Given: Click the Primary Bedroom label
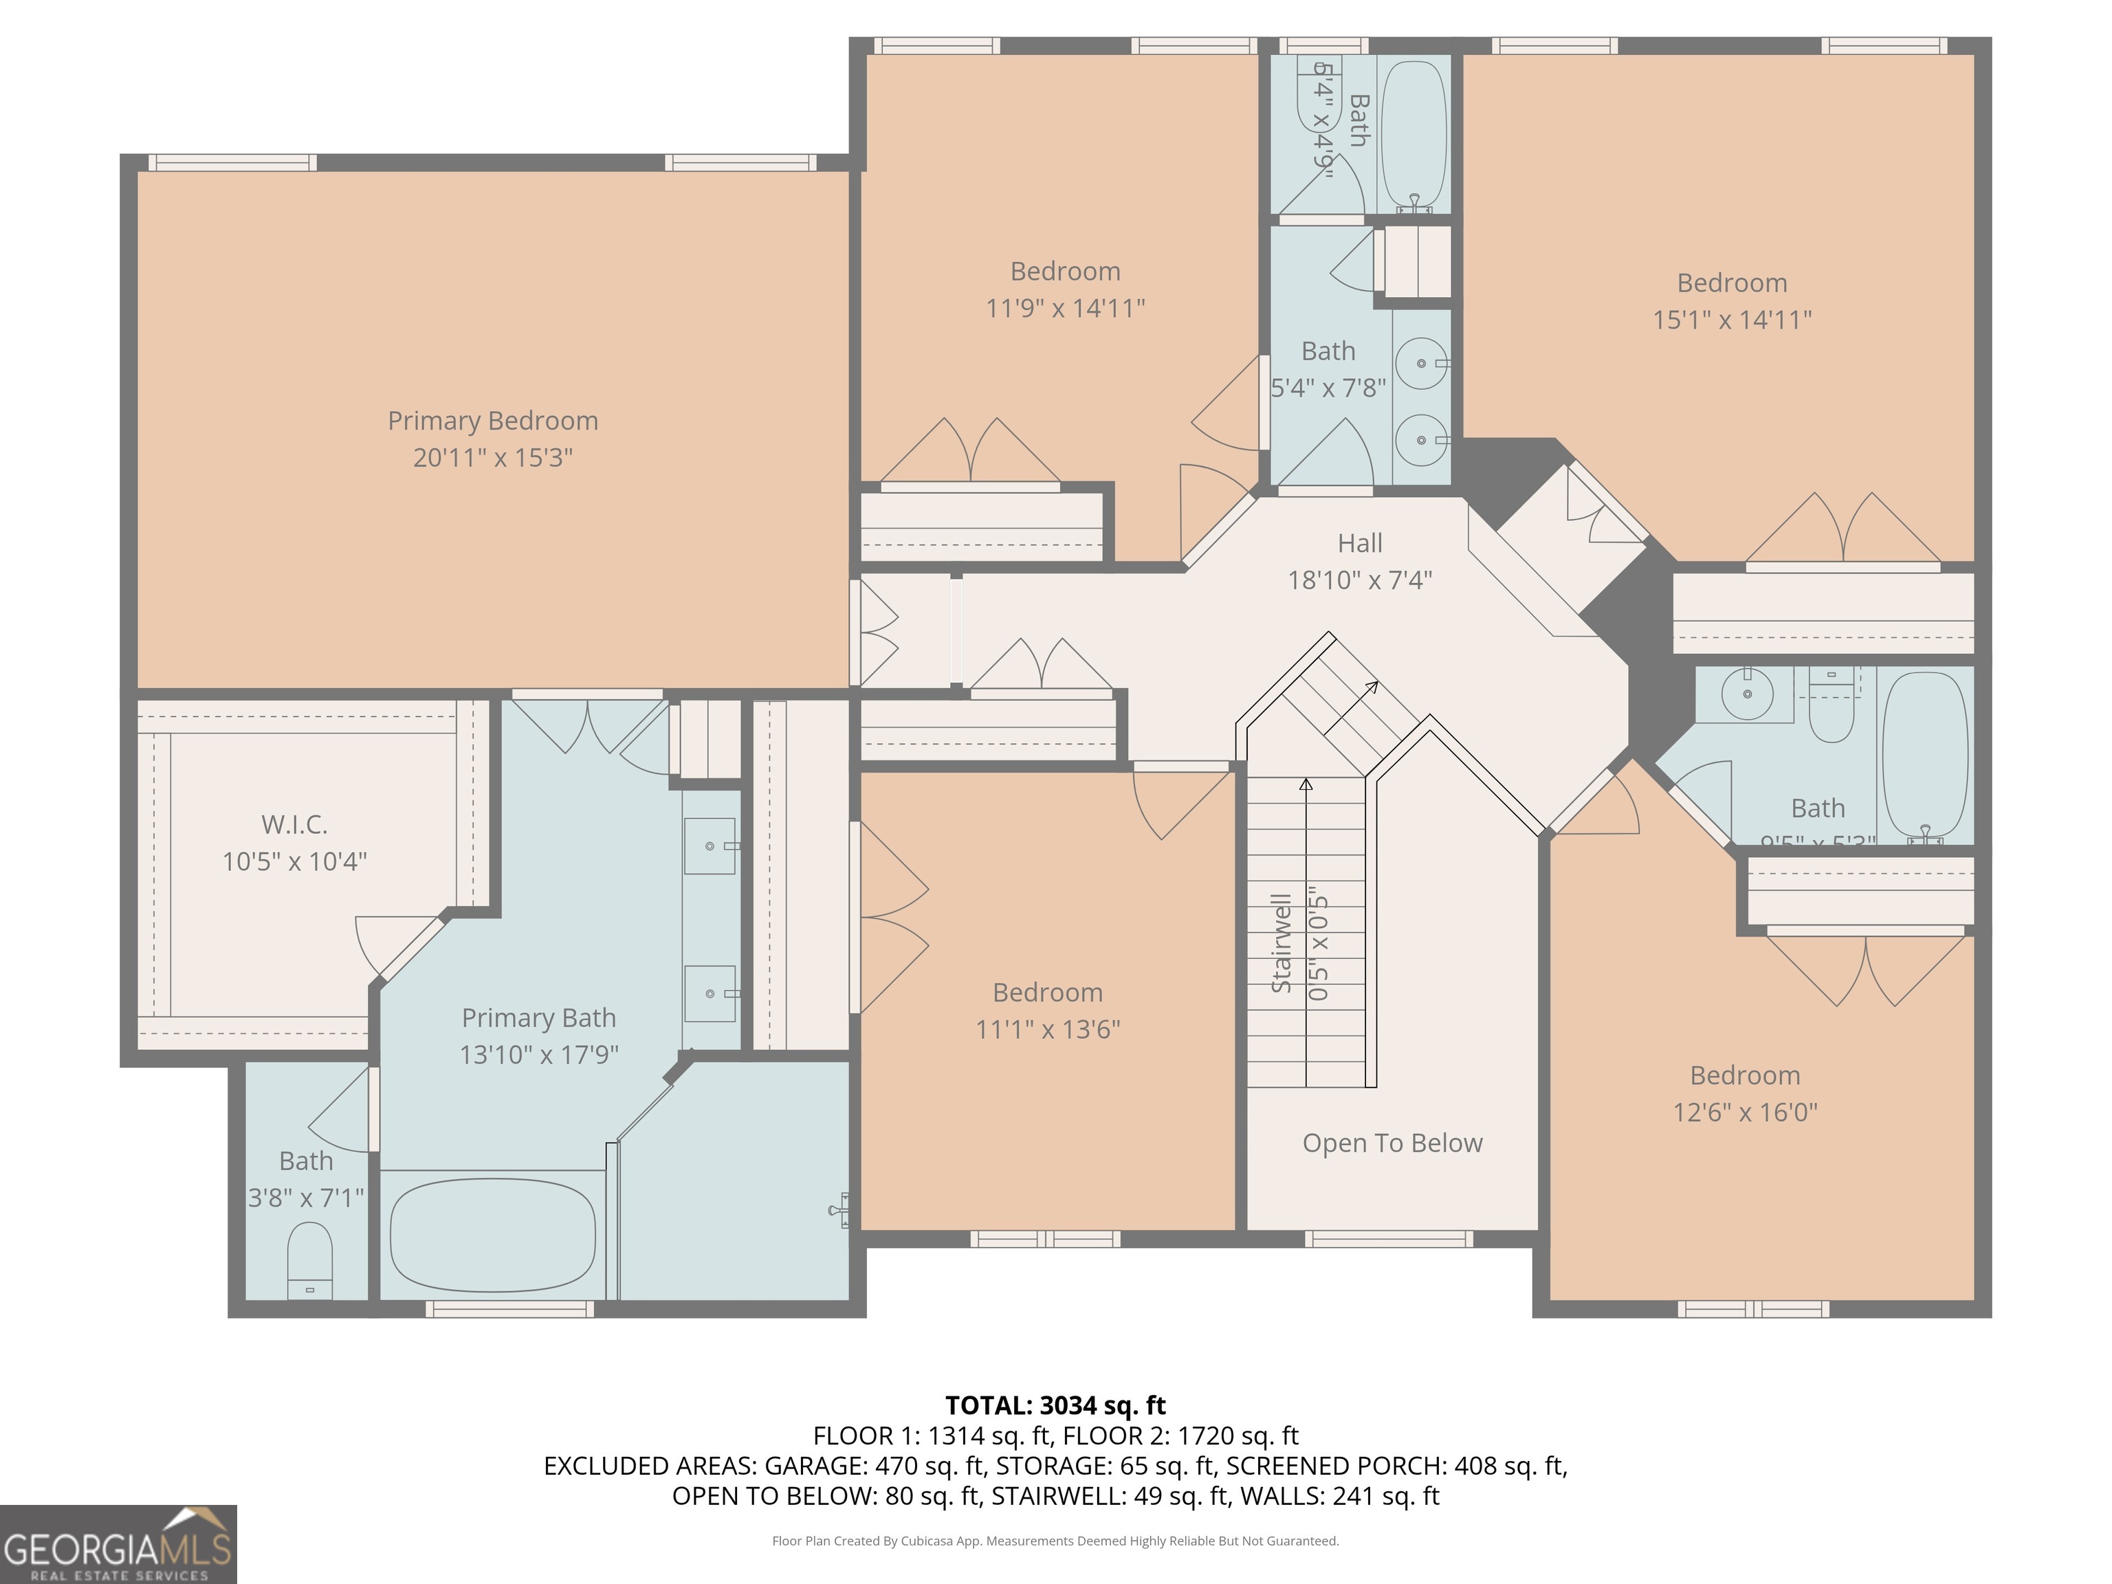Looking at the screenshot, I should coord(493,421).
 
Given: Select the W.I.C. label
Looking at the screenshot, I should coord(294,825).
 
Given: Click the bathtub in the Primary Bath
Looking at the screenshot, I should coord(493,1235).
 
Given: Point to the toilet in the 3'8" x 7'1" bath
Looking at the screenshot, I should coord(309,1260).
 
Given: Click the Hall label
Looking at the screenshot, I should coord(1360,543).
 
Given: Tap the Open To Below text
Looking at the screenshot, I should coord(1392,1143).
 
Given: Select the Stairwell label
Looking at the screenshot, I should coord(1281,943).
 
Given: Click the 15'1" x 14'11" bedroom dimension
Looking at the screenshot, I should coord(1732,320).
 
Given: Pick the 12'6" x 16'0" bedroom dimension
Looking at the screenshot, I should coord(1744,1112).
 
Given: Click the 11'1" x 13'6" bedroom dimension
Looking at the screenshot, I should coord(1048,1029).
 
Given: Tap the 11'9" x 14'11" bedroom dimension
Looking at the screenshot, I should coord(1064,309).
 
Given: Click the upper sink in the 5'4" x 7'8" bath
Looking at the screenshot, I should coord(1422,364).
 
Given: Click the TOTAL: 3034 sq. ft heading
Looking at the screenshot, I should coord(1055,1405).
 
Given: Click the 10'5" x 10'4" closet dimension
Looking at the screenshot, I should coord(294,862).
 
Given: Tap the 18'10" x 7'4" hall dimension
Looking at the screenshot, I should coord(1360,580).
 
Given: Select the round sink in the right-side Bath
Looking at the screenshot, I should coord(1746,694).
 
